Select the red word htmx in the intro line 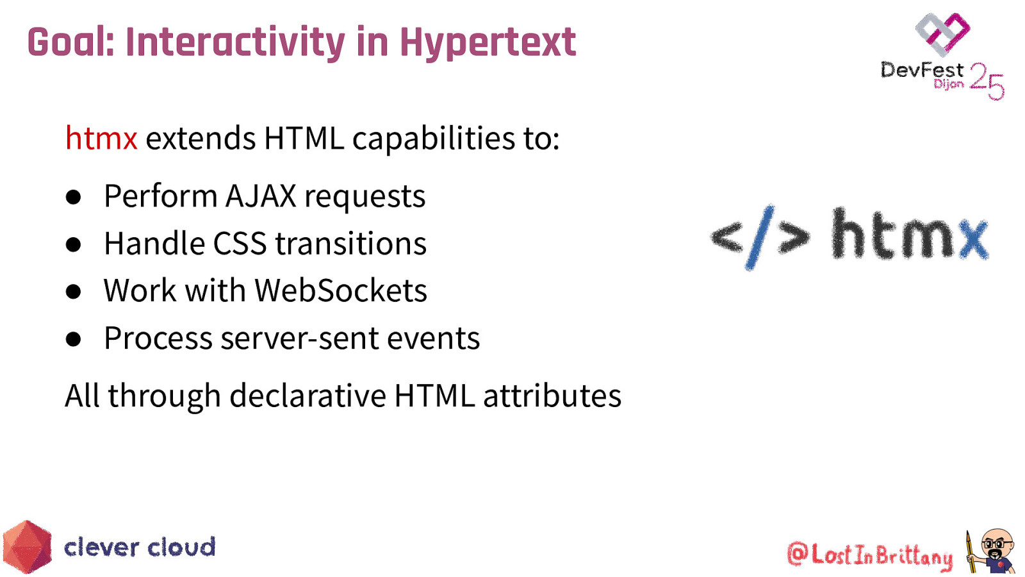(x=101, y=138)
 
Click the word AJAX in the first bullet (x=261, y=196)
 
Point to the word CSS (x=240, y=244)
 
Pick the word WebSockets (x=341, y=290)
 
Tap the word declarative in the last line (x=307, y=396)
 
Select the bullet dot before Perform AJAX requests (x=74, y=197)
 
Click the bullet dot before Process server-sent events (x=74, y=339)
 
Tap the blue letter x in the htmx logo (x=972, y=238)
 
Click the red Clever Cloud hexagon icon (x=27, y=547)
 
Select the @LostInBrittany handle (x=870, y=555)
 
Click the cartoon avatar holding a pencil (x=992, y=550)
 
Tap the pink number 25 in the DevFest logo (x=987, y=81)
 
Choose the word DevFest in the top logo (x=921, y=70)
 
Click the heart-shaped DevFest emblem (x=942, y=33)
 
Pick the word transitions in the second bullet (x=350, y=244)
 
